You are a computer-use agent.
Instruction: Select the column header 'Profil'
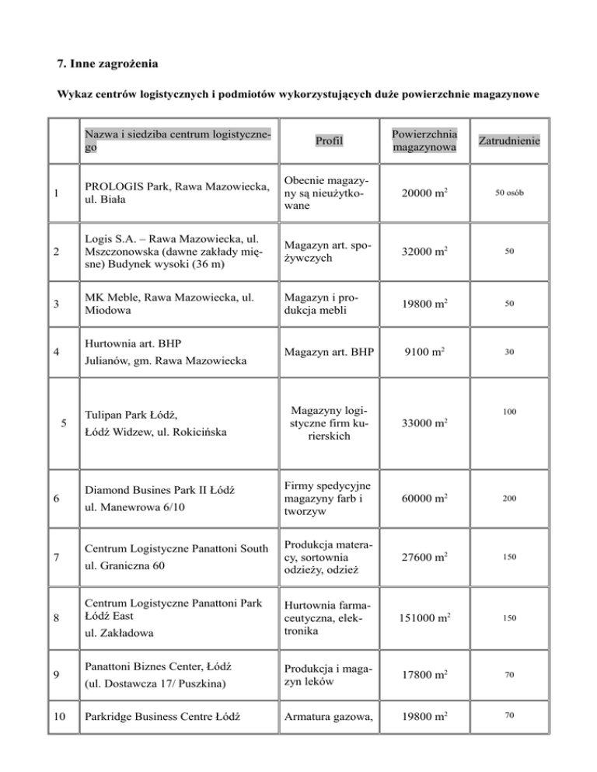click(330, 141)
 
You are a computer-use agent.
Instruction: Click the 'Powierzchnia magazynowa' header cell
click(424, 140)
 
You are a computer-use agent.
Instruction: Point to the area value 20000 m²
click(424, 192)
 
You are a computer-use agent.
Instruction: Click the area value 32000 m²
click(424, 252)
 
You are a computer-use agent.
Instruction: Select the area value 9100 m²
click(424, 352)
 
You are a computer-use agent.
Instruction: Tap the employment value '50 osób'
click(510, 192)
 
